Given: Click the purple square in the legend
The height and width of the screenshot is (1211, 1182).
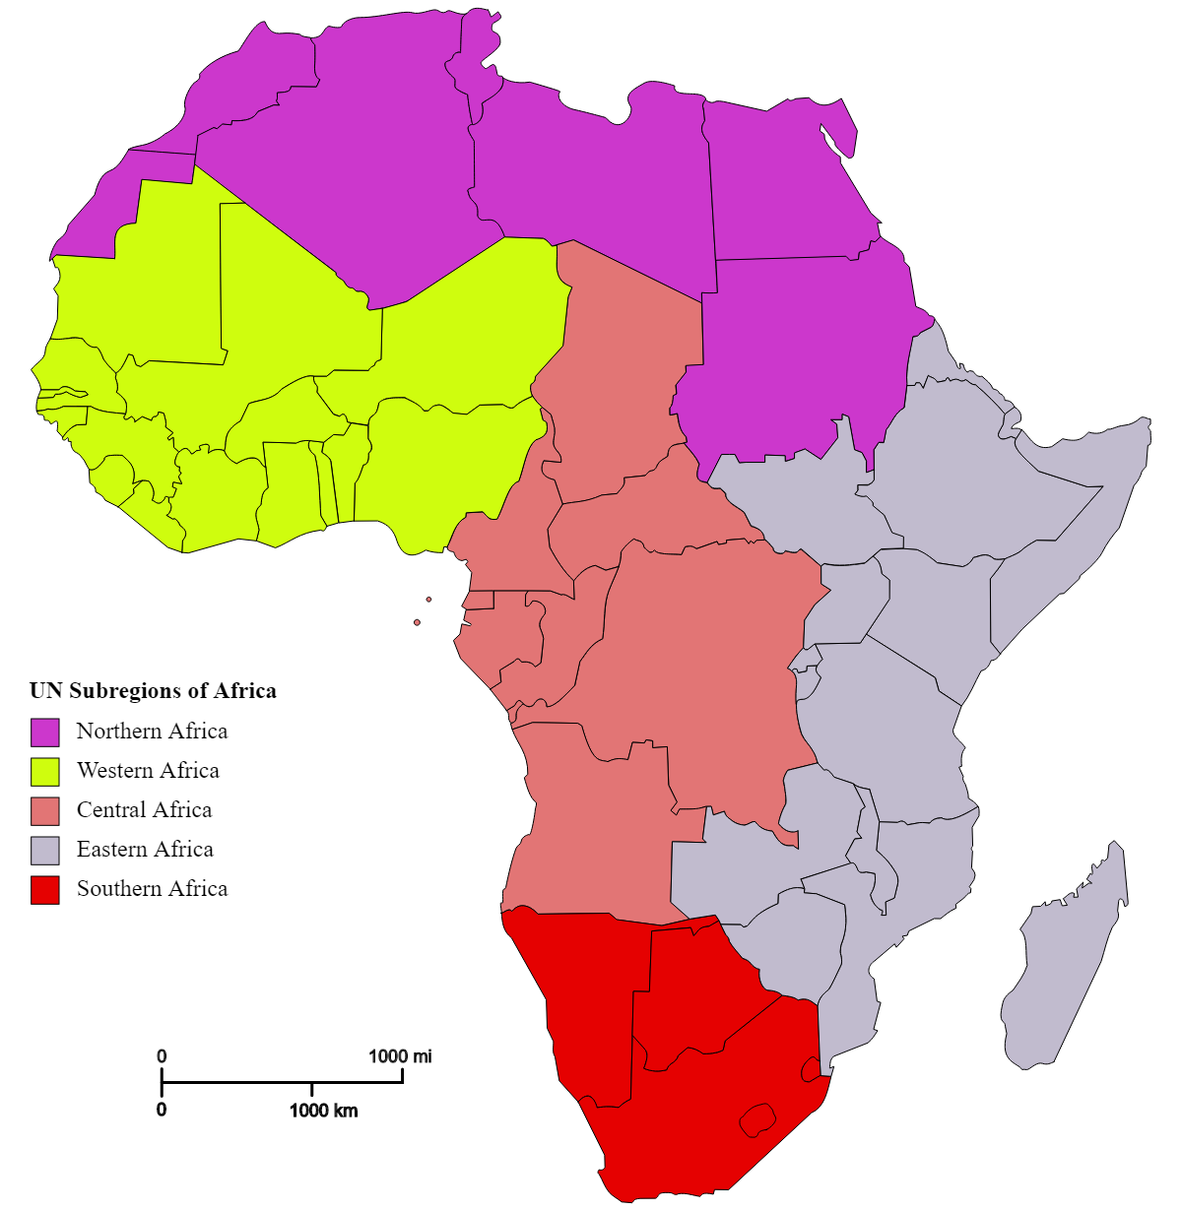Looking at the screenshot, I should click(x=45, y=733).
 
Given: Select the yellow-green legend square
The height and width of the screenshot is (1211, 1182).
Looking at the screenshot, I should click(x=45, y=772).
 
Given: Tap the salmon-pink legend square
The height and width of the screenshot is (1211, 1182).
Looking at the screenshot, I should click(x=45, y=811).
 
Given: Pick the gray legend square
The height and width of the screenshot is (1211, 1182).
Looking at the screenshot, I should click(x=45, y=851).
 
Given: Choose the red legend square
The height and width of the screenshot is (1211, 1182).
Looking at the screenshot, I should click(x=45, y=890).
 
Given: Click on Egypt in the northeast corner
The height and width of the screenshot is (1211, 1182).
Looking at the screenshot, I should click(x=788, y=187).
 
